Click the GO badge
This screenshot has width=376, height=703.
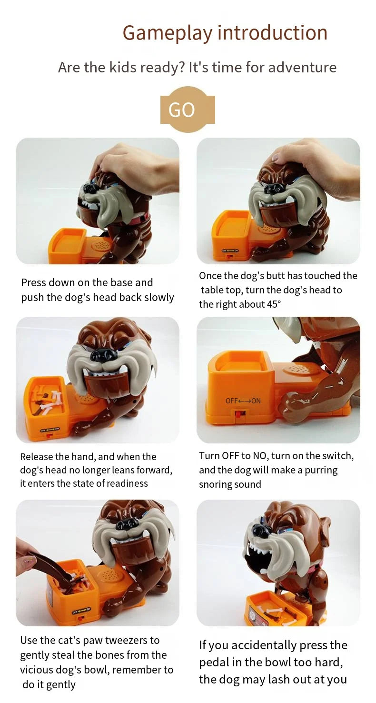[x=188, y=110]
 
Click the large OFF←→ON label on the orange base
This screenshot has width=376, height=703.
[x=243, y=401]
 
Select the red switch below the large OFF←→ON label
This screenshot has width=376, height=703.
[x=240, y=414]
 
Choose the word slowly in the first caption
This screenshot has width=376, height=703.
[x=158, y=298]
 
